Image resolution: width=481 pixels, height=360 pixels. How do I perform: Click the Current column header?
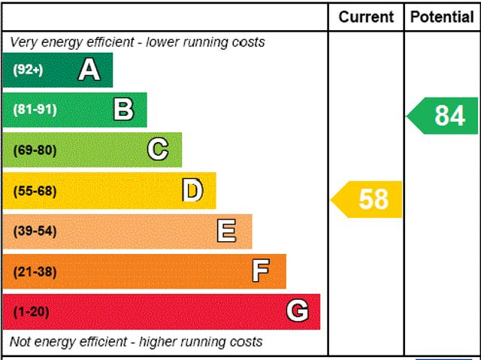(366, 17)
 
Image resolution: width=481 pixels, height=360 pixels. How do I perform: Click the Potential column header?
(443, 17)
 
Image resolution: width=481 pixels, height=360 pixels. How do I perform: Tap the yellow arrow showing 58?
(368, 199)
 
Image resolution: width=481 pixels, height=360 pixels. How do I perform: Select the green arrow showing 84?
(444, 116)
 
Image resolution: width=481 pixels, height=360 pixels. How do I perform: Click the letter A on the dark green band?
(89, 70)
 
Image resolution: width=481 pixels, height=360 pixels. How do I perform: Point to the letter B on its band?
(123, 110)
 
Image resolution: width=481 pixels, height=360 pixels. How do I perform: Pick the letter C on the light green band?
(158, 150)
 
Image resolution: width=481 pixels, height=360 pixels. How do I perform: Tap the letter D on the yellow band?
(192, 191)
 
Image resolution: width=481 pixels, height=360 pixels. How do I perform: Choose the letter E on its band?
(226, 231)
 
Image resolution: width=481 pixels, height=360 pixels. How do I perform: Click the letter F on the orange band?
(261, 271)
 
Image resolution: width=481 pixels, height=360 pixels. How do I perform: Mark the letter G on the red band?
(298, 311)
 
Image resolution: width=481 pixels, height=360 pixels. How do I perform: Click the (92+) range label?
(29, 70)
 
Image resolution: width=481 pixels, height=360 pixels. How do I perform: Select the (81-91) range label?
(35, 110)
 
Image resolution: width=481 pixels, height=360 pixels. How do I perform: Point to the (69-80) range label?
(35, 150)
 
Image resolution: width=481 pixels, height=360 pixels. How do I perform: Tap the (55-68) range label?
(35, 191)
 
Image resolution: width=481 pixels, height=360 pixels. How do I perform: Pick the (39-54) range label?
(35, 231)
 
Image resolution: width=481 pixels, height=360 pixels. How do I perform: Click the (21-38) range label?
(35, 271)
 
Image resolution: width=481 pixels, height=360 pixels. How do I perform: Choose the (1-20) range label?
(32, 311)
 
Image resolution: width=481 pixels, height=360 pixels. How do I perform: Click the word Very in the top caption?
(24, 42)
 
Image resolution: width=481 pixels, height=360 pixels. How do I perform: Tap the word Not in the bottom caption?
(21, 342)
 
